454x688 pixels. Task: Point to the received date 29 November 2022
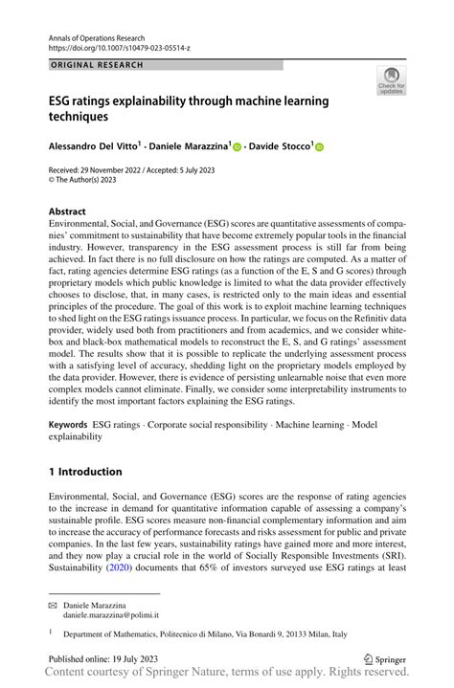click(126, 169)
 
